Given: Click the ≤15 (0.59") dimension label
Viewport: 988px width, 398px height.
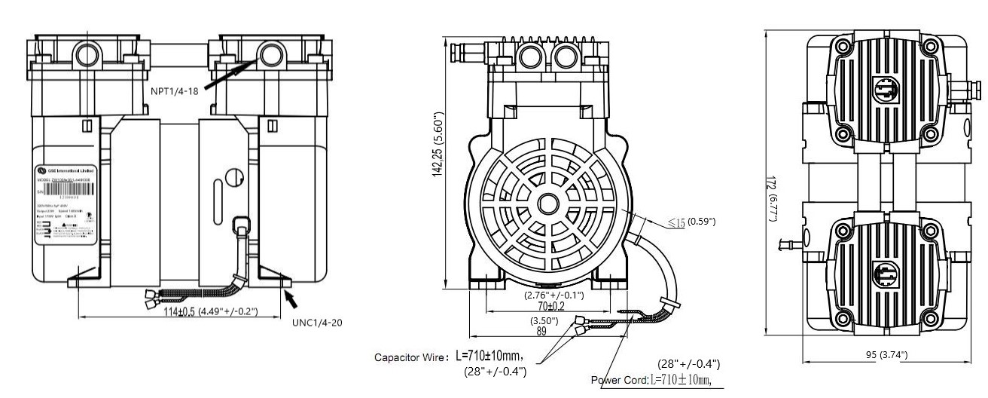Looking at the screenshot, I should click(691, 222).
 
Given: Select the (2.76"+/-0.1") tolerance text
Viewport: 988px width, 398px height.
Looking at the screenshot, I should click(554, 295).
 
